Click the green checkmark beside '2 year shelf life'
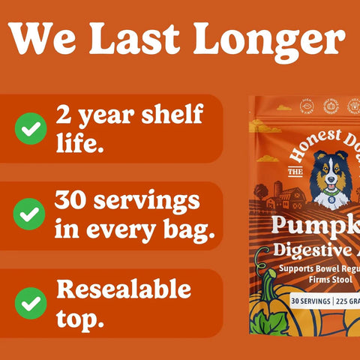30,128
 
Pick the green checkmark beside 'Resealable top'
30,304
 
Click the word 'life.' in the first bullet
79,142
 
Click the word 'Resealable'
123,289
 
